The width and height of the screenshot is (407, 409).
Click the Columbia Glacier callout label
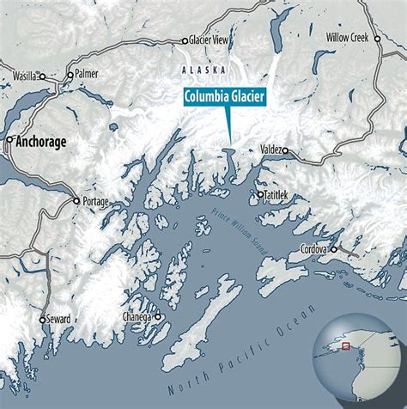[x=224, y=95]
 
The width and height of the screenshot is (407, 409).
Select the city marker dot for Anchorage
[x=9, y=138]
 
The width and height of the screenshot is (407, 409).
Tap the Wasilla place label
[x=26, y=76]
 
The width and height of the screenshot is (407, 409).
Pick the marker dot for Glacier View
[x=185, y=40]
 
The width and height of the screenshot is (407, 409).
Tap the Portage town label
[x=97, y=201]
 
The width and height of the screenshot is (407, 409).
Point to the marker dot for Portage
[x=76, y=201]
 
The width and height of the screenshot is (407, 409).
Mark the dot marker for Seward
[x=41, y=319]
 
